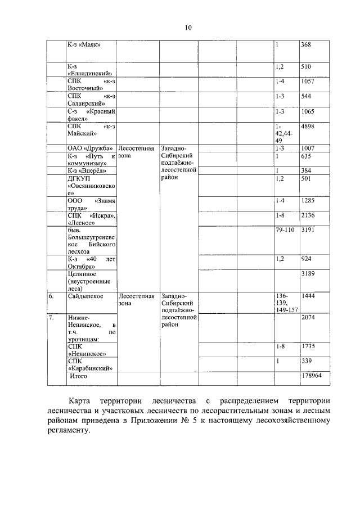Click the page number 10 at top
[x=188, y=28]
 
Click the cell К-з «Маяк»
[x=83, y=44]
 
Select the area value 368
[x=307, y=44]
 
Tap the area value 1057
[x=308, y=82]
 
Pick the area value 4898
[x=308, y=127]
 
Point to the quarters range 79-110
[x=286, y=231]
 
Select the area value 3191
[x=308, y=231]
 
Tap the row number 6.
[x=51, y=295]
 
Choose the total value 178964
[x=310, y=376]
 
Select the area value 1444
[x=308, y=295]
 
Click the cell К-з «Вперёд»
[x=87, y=170]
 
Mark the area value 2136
[x=308, y=215]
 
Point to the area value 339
[x=307, y=361]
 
